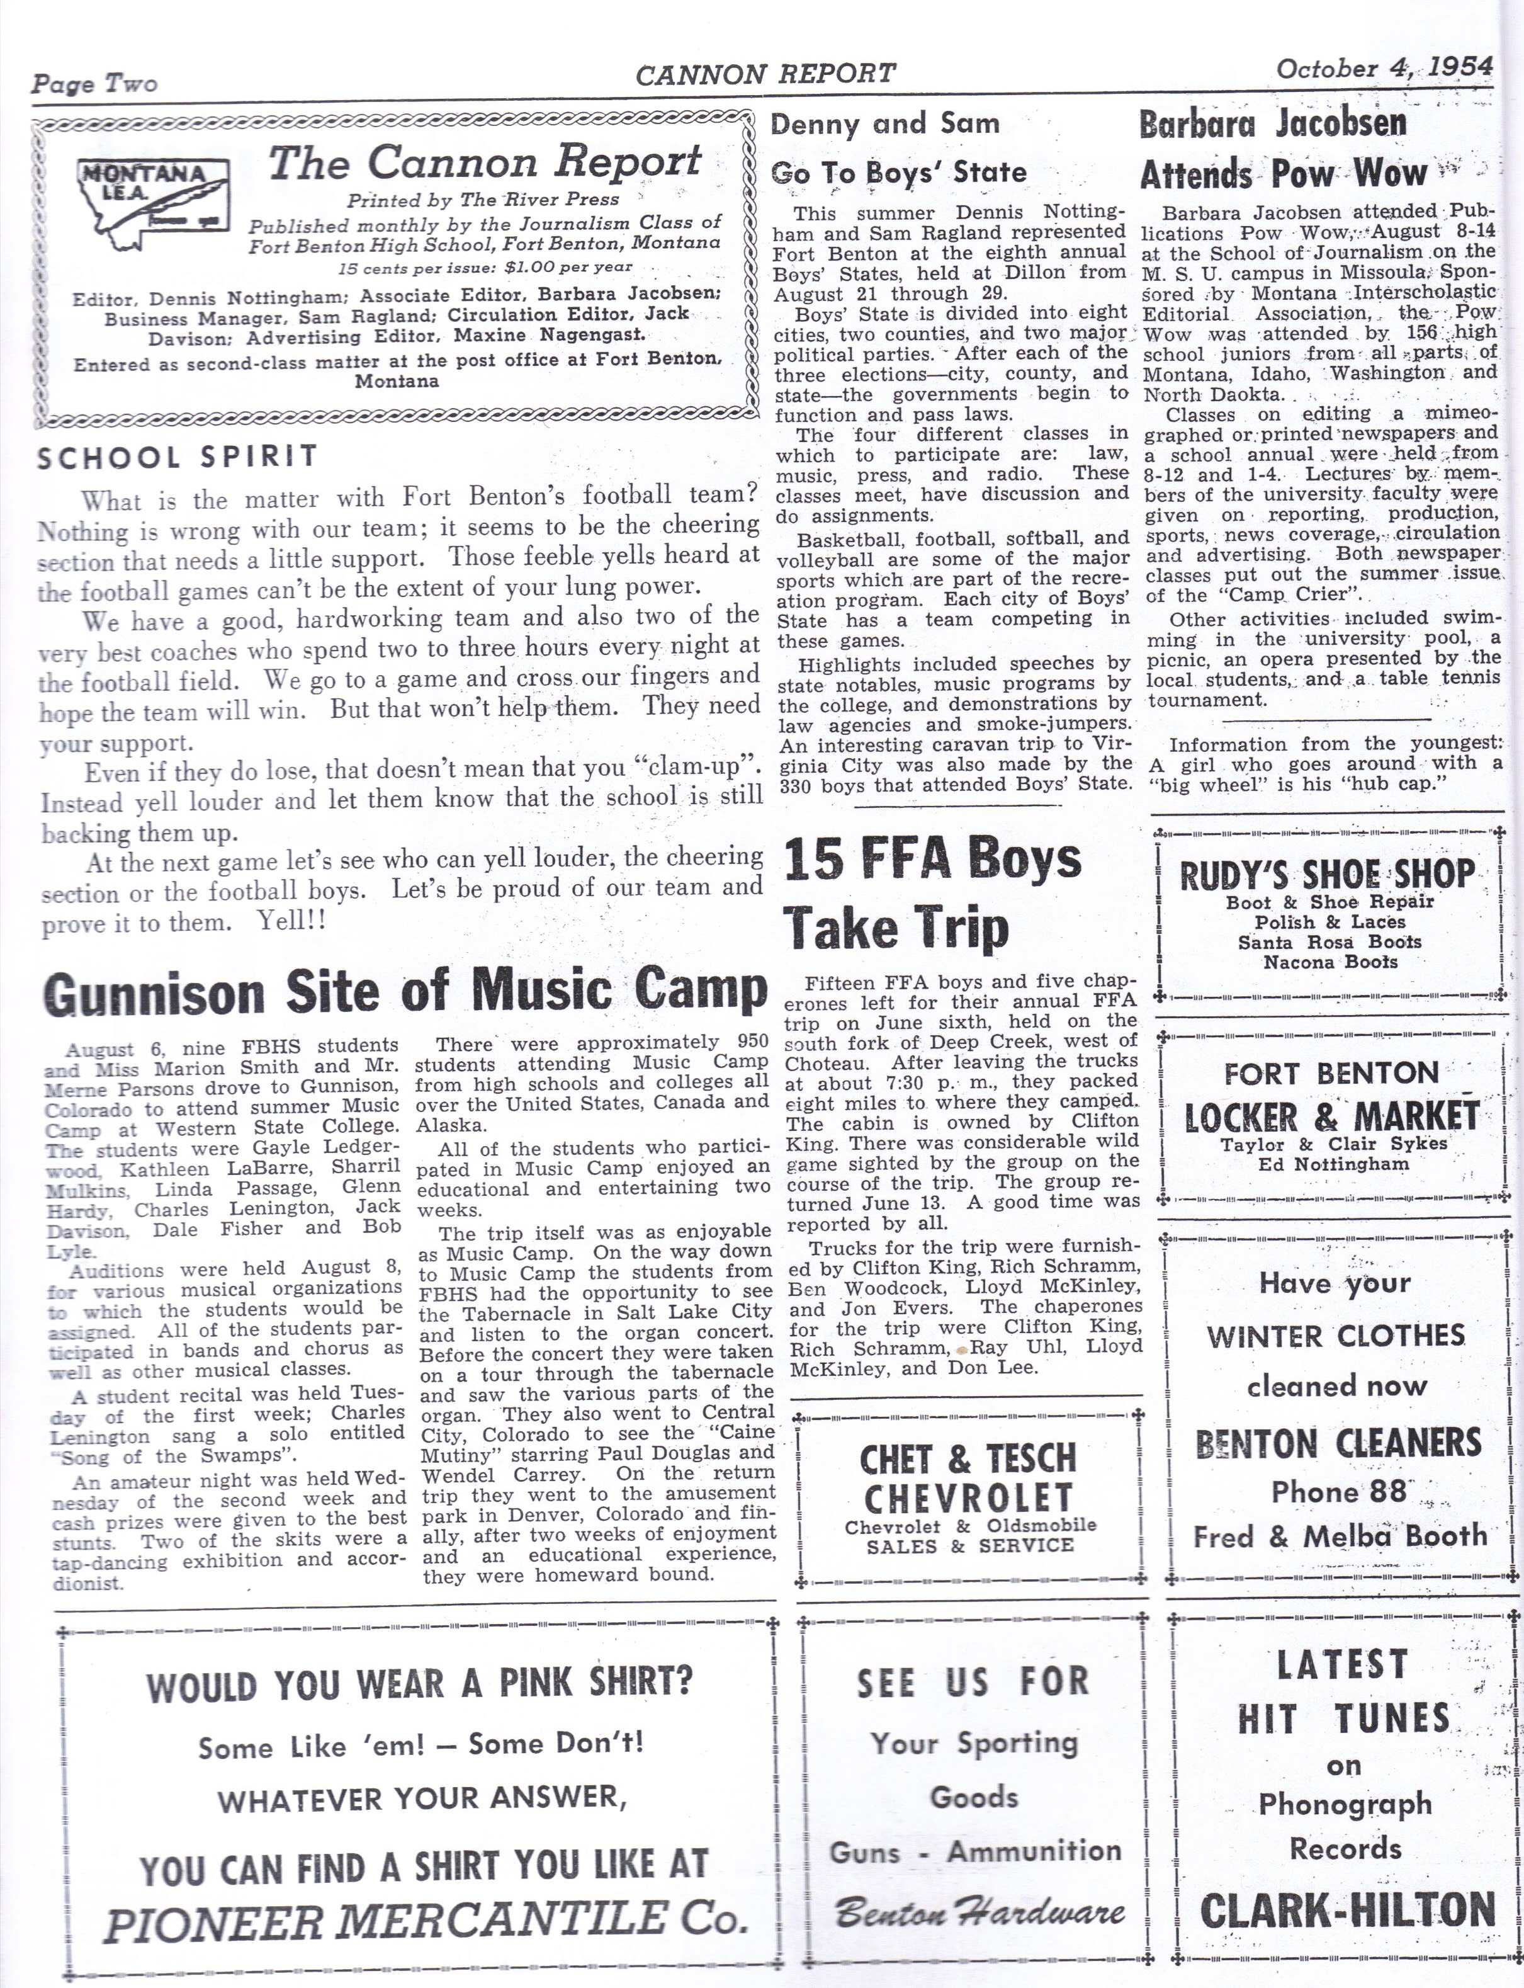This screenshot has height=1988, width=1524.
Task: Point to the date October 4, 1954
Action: point(1384,68)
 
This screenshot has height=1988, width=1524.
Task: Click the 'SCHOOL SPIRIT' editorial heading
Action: point(178,457)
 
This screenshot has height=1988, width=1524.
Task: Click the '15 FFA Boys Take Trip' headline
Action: point(932,893)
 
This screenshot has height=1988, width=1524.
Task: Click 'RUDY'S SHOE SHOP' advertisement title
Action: point(1326,874)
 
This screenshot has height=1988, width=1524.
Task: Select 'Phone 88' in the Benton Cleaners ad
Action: point(1338,1491)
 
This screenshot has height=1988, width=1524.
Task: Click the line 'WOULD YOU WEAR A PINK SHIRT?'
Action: point(420,1686)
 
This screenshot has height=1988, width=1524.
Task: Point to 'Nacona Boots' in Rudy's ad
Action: point(1330,962)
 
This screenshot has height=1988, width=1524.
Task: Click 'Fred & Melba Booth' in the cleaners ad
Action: point(1340,1536)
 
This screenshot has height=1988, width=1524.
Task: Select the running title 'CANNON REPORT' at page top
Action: point(765,74)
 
